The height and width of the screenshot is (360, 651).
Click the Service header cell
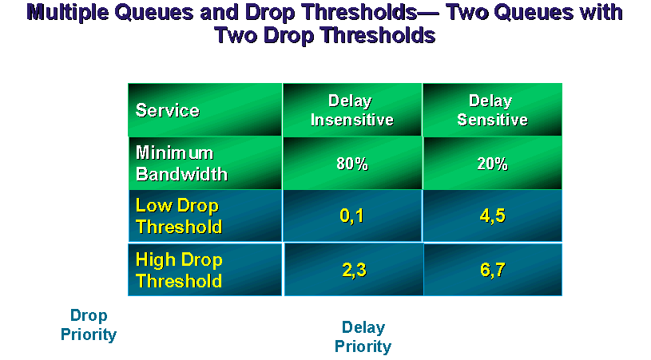click(x=205, y=110)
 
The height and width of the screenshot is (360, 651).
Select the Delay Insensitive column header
click(x=352, y=110)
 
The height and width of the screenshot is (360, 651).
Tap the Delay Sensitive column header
click(x=492, y=110)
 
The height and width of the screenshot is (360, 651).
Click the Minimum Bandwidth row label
click(x=205, y=163)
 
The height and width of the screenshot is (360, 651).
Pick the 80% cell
click(x=352, y=163)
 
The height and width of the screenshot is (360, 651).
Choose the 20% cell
click(x=492, y=163)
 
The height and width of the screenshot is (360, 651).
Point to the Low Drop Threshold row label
click(x=205, y=216)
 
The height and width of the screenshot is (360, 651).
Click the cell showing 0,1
click(x=352, y=216)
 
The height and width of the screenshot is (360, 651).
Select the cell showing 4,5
click(x=492, y=216)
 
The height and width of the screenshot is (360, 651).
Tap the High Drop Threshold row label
click(x=205, y=270)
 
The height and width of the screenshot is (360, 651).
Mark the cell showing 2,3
click(x=354, y=270)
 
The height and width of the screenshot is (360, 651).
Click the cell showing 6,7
click(x=493, y=270)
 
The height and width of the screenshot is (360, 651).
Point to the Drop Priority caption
click(x=89, y=325)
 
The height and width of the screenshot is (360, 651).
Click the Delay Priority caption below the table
click(x=363, y=337)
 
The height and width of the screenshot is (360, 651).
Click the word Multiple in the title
click(x=67, y=13)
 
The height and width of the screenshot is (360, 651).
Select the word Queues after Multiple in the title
click(x=153, y=13)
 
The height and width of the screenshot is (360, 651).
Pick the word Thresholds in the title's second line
click(x=379, y=35)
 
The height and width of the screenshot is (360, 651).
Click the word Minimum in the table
click(x=174, y=152)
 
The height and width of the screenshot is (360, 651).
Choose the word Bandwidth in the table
click(x=181, y=174)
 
